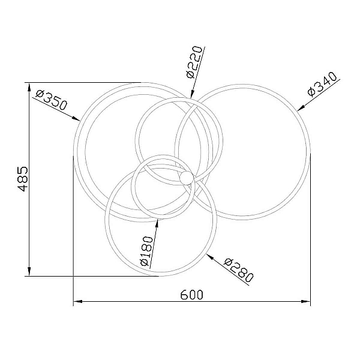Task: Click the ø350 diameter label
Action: (x=52, y=100)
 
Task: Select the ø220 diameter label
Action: (x=194, y=62)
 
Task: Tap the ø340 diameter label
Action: (x=322, y=85)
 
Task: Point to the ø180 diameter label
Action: (x=146, y=251)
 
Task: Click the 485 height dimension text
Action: (x=23, y=179)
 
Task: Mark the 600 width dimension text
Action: (x=192, y=295)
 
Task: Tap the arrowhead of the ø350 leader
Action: (x=76, y=118)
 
